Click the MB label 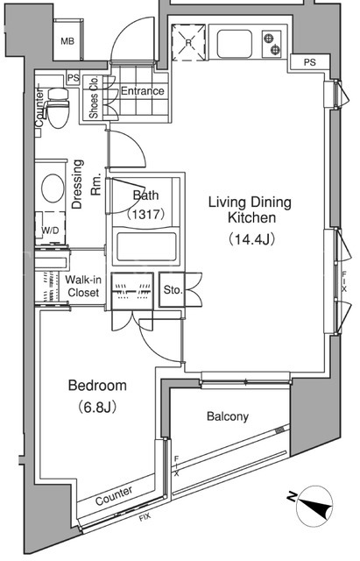tap(67, 41)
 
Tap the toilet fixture tap(57, 108)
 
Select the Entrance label tap(142, 91)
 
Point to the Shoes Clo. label tap(94, 97)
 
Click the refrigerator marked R tap(188, 43)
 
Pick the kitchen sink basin tap(235, 43)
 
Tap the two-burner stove tap(272, 44)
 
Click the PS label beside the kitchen tap(309, 62)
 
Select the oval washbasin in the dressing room tap(53, 188)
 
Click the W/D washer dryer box tap(50, 228)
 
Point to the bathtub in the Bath tap(146, 247)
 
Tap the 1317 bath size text tap(145, 214)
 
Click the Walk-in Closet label tap(83, 286)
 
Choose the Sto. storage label tap(173, 289)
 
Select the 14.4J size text tap(251, 239)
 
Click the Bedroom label tap(97, 386)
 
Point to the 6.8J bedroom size tap(97, 407)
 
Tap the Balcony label tap(228, 416)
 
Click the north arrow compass tap(314, 506)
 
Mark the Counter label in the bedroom tap(114, 495)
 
